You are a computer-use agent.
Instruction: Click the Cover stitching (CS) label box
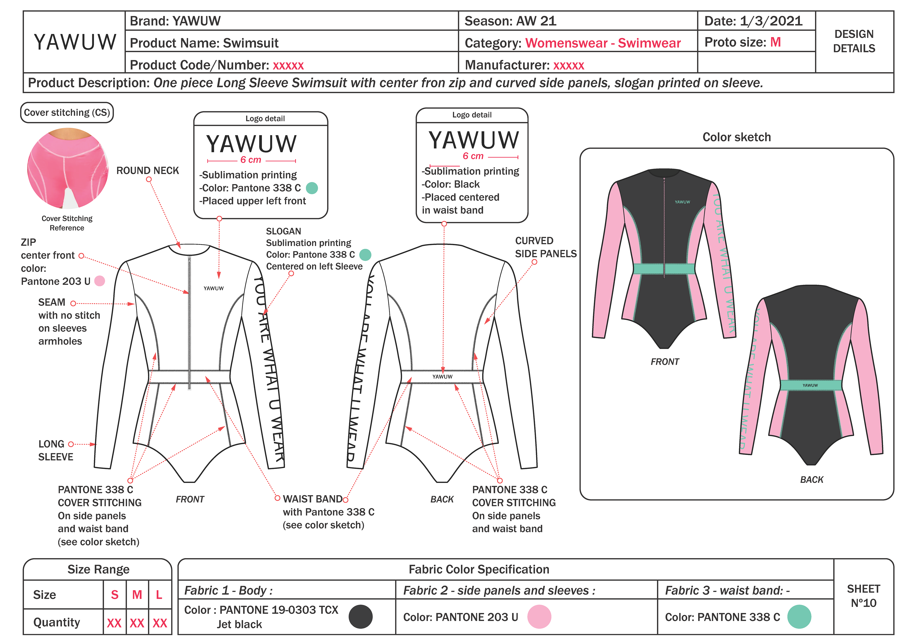coord(67,113)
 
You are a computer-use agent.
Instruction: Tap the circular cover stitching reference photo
coord(67,168)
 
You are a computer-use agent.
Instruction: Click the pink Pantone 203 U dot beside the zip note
coord(100,281)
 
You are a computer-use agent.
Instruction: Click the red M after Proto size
coord(775,42)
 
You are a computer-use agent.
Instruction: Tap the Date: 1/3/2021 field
coord(753,21)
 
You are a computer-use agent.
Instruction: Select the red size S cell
coord(114,594)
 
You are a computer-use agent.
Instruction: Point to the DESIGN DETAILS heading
coord(854,41)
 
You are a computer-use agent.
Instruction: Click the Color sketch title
coord(736,137)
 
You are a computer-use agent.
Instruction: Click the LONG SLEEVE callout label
coord(56,450)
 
